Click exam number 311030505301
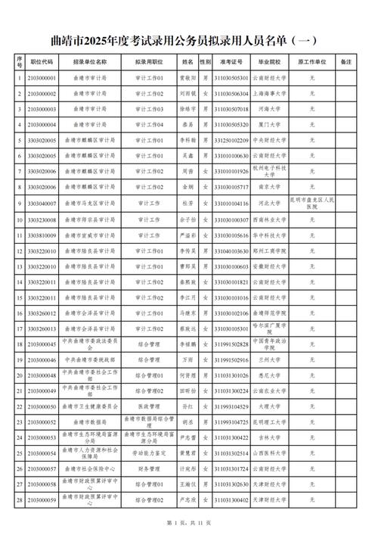tap(231, 76)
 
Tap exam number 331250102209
tap(231, 140)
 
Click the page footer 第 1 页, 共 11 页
tap(189, 524)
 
